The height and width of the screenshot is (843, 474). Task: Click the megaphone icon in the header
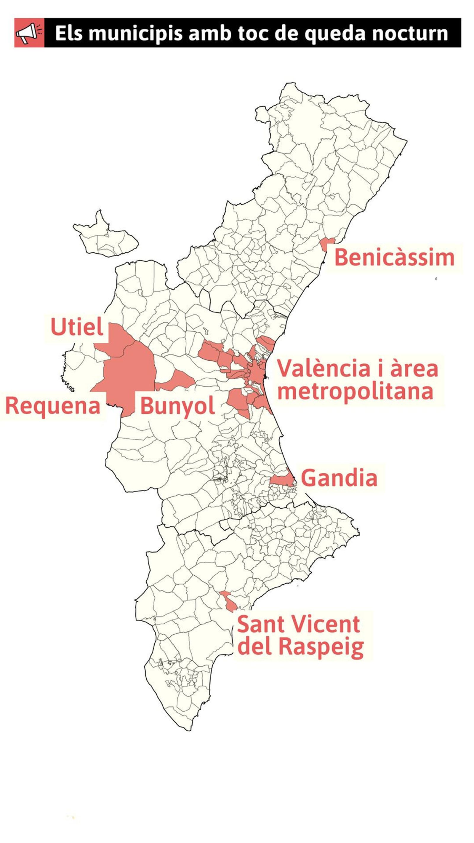(29, 33)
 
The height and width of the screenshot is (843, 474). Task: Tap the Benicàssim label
(394, 258)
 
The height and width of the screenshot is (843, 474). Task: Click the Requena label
(53, 406)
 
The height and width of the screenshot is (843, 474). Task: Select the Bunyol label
(177, 406)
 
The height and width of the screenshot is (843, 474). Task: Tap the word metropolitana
(355, 391)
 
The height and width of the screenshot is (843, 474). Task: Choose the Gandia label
(339, 478)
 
